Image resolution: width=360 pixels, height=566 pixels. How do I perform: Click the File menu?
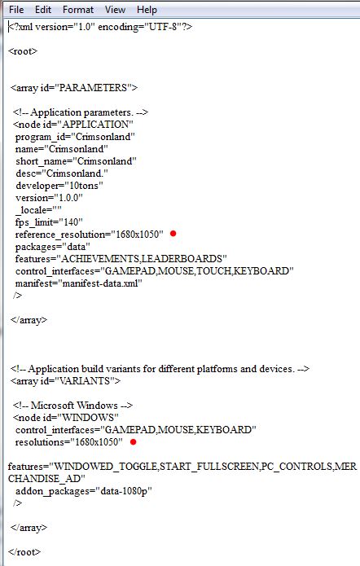pos(16,10)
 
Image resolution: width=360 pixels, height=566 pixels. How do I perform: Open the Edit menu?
pos(43,10)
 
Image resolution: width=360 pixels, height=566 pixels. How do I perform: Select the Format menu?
pos(78,10)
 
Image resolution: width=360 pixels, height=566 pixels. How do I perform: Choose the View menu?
pos(115,10)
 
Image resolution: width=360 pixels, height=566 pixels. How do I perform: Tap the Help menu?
pos(147,10)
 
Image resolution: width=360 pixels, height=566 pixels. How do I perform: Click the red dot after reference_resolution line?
pos(173,234)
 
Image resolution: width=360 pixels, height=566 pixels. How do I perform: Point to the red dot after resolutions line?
pos(134,441)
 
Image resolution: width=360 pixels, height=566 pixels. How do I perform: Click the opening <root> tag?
pos(23,51)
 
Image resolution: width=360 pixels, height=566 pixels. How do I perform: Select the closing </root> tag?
pos(24,552)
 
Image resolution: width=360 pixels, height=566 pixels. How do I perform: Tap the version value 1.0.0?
pos(68,198)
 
